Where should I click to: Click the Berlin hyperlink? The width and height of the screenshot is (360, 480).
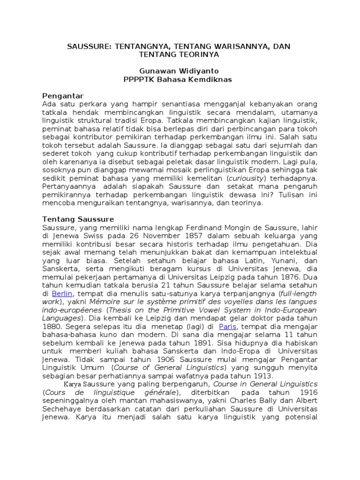coord(61,293)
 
